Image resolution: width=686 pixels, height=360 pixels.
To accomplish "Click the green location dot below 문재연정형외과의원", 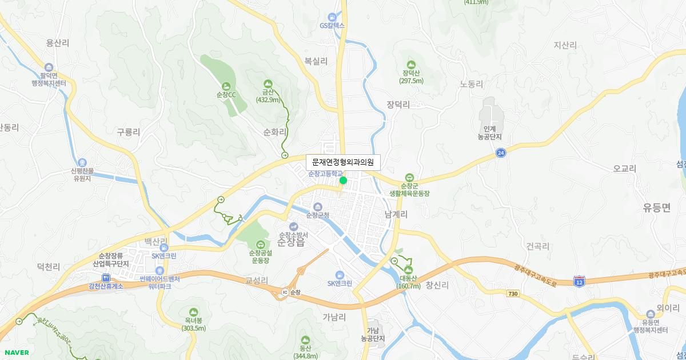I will point(343,181).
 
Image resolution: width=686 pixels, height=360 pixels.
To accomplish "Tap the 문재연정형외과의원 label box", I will point(343,162).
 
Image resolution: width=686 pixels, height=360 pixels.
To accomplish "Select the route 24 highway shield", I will point(501,153).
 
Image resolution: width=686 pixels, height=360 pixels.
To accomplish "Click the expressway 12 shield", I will point(579,281).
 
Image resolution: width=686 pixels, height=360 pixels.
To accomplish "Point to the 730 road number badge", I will point(512,293).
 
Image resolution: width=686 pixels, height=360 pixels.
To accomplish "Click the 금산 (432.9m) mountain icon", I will point(268,84).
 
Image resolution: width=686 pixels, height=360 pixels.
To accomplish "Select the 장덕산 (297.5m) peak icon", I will point(411,65).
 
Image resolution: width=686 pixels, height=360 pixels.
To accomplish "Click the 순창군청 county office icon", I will point(318,207).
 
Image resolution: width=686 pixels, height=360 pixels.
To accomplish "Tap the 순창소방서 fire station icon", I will point(293,226).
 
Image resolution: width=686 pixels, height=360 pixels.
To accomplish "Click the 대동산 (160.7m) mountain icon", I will point(408,270).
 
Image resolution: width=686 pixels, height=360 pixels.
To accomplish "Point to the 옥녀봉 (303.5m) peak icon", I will point(193,312).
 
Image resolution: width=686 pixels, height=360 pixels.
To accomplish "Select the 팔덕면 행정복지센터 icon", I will point(49,67).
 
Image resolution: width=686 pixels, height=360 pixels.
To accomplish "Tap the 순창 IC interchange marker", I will point(285,293).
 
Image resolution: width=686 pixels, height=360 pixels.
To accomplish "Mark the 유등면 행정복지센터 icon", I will point(651,314).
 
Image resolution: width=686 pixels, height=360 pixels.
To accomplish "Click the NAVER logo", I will point(15,353).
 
